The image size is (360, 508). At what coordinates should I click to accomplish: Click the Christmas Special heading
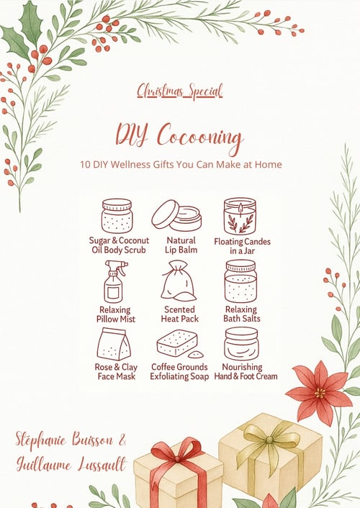[x=180, y=91]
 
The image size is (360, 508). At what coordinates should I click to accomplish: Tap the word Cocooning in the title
[x=200, y=137]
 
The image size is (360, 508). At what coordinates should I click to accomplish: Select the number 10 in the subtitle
[x=85, y=164]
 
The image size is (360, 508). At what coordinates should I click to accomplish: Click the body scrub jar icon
[x=117, y=216]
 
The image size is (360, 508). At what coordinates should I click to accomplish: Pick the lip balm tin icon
[x=176, y=215]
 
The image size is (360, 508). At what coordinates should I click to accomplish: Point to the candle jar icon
[x=240, y=216]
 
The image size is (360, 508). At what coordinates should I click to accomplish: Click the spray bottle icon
[x=115, y=281]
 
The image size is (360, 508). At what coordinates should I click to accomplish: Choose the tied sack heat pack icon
[x=179, y=281]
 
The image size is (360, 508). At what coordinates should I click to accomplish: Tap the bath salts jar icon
[x=240, y=281]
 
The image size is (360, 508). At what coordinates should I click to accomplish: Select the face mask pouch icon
[x=114, y=344]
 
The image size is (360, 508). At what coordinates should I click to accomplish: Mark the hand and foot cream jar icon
[x=241, y=343]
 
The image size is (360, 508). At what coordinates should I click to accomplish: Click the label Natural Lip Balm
[x=181, y=245]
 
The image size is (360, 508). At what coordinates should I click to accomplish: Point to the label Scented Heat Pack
[x=180, y=314]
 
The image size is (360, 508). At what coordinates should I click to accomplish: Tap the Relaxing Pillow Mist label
[x=115, y=314]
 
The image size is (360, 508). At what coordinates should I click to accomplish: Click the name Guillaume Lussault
[x=71, y=465]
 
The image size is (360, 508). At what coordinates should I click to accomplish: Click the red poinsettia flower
[x=319, y=393]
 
